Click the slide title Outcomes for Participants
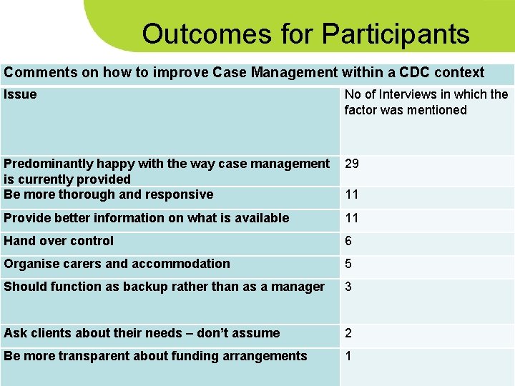pos(305,34)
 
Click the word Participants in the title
pos(396,34)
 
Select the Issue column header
pos(20,95)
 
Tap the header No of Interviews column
pos(426,102)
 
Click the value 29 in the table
pos(352,164)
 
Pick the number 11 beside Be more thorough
pos(352,194)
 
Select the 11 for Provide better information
pos(352,218)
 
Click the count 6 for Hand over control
pos(348,241)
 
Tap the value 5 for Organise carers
pos(348,264)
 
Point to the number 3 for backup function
pos(348,287)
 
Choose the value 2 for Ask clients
pos(348,333)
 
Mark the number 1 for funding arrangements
pos(348,356)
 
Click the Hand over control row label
pos(59,241)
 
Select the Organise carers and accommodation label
pos(117,264)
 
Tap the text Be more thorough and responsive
pos(109,194)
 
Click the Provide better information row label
pos(147,218)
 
